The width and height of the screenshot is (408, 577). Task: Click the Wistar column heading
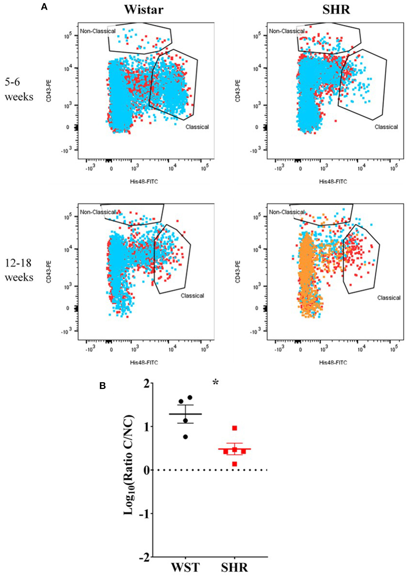(144, 9)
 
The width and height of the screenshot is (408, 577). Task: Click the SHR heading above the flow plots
(336, 9)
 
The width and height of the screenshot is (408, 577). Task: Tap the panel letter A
(44, 7)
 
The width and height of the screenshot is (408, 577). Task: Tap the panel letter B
(102, 386)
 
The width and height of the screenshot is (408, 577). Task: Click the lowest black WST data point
(185, 437)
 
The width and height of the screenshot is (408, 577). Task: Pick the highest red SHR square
(235, 428)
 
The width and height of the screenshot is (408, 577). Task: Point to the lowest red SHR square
(235, 464)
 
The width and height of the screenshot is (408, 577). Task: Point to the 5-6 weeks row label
(19, 89)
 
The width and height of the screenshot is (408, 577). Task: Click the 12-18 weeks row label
(19, 270)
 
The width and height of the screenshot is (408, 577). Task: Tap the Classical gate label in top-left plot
(197, 127)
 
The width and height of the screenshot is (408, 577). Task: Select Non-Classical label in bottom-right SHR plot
(287, 212)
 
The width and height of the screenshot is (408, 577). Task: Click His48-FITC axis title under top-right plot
(333, 181)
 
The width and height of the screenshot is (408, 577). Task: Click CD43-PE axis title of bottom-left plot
(49, 272)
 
